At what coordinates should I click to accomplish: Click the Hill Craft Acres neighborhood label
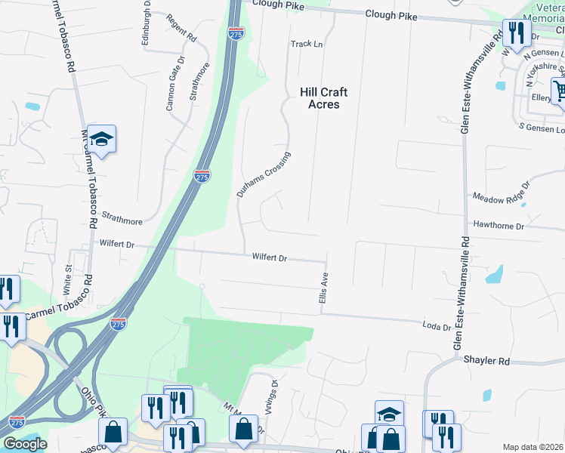pyautogui.click(x=323, y=98)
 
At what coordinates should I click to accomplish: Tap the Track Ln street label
pyautogui.click(x=307, y=45)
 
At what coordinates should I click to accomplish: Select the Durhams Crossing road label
pyautogui.click(x=263, y=174)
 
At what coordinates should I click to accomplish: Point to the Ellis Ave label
pyautogui.click(x=323, y=288)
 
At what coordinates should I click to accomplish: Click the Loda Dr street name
pyautogui.click(x=437, y=327)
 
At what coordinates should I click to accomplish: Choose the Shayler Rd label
pyautogui.click(x=487, y=361)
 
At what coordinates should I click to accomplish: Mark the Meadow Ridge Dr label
pyautogui.click(x=501, y=190)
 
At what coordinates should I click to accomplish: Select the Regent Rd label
pyautogui.click(x=181, y=28)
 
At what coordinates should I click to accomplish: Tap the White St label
pyautogui.click(x=68, y=279)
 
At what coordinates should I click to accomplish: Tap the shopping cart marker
pyautogui.click(x=558, y=91)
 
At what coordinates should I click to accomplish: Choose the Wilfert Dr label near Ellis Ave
pyautogui.click(x=270, y=258)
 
